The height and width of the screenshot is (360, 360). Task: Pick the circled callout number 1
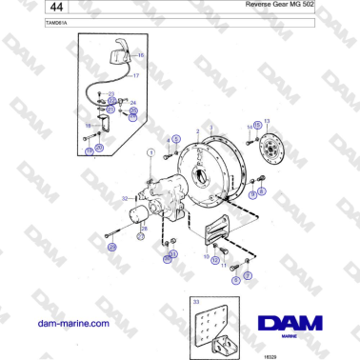tap(150, 152)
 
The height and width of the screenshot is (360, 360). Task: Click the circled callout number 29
tap(111, 248)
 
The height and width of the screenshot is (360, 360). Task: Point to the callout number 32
tap(125, 198)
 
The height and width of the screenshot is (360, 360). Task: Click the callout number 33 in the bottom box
tap(197, 301)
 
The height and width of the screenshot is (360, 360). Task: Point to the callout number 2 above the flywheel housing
tap(197, 131)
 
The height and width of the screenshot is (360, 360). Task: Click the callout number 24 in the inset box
tap(133, 102)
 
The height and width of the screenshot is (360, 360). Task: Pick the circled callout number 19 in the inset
tap(89, 150)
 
